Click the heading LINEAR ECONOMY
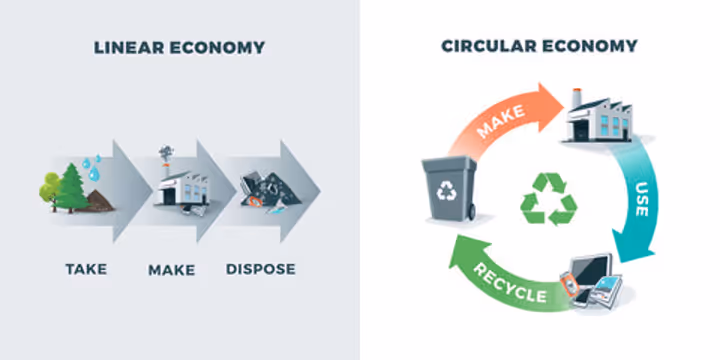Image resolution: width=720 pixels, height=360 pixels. tap(179, 47)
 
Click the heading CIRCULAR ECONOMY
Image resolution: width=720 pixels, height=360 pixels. tap(539, 47)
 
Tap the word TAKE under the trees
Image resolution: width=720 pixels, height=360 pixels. tap(86, 269)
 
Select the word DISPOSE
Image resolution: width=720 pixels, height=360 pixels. tap(261, 269)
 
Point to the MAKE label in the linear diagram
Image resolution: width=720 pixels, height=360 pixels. tap(171, 269)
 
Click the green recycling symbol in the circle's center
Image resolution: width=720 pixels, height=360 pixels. tap(548, 198)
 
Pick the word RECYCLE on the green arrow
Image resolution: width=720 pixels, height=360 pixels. tap(508, 283)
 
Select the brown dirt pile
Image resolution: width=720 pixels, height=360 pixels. tap(99, 200)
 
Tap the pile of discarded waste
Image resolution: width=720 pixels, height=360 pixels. tap(262, 192)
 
